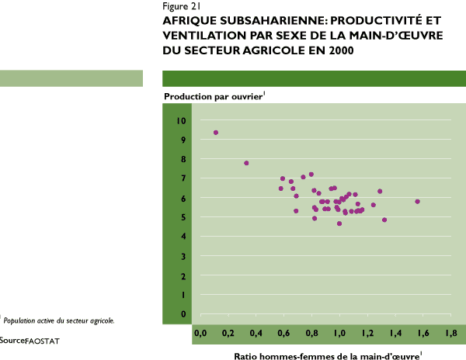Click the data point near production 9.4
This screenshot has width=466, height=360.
pos(216,133)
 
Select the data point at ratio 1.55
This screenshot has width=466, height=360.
pos(417,202)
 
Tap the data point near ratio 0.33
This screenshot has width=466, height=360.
pos(246,163)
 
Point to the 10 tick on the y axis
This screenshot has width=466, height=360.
pos(181,121)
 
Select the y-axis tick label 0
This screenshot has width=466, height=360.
pos(181,314)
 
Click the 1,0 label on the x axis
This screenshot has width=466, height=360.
pos(339,333)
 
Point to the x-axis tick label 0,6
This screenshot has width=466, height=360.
pos(283,333)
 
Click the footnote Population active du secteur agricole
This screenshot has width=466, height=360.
pos(59,320)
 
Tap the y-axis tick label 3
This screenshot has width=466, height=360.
pos(181,256)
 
